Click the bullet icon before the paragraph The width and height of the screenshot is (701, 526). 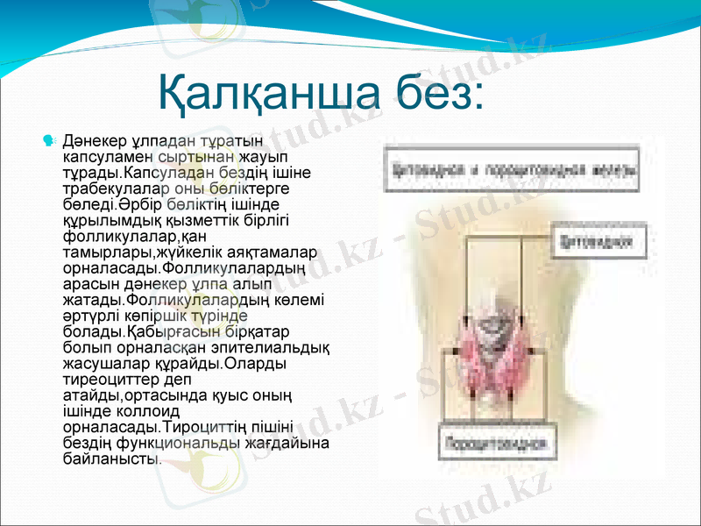tap(49, 139)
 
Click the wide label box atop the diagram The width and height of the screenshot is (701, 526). tap(509, 165)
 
